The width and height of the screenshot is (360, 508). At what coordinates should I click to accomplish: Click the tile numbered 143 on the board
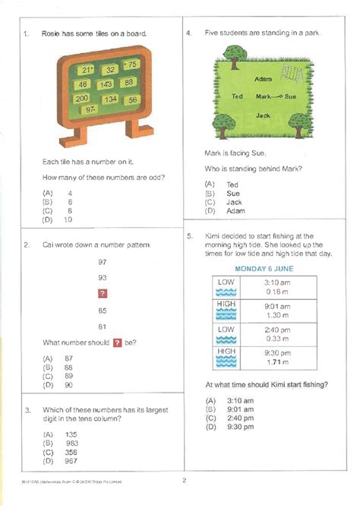click(106, 84)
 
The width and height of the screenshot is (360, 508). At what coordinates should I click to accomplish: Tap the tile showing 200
click(82, 99)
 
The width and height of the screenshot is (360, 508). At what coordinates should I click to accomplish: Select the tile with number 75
click(131, 66)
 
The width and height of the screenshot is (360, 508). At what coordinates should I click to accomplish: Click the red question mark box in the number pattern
click(103, 294)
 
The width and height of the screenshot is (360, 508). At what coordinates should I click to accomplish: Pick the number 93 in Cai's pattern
click(103, 277)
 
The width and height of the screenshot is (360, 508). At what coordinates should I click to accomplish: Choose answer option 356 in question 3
click(71, 451)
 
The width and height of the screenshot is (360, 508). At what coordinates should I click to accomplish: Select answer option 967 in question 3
click(71, 460)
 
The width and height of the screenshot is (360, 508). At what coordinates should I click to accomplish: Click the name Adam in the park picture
click(264, 79)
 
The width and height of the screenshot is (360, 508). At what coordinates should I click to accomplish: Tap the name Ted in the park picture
click(237, 96)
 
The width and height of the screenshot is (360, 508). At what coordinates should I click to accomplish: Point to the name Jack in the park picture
click(263, 115)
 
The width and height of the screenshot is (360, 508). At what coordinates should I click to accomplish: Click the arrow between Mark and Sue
click(279, 97)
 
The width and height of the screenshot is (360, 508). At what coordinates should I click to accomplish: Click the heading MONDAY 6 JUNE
click(264, 269)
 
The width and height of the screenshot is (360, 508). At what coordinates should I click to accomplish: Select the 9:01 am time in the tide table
click(276, 306)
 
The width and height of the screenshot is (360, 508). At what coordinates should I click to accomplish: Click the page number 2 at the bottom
click(183, 480)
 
